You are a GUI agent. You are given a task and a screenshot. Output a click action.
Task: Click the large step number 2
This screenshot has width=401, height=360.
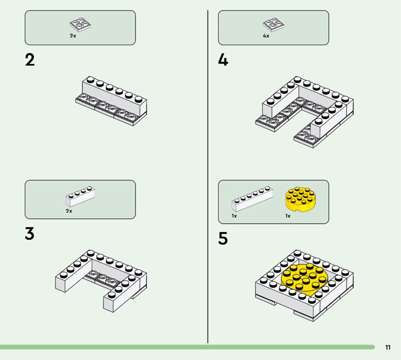pos(30,60)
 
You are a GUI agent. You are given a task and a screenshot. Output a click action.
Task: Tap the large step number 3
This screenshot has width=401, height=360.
pos(30,234)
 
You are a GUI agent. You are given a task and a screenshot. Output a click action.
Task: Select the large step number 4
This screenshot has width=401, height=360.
pos(223,60)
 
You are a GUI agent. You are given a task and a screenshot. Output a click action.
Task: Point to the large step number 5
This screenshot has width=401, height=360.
pos(223,239)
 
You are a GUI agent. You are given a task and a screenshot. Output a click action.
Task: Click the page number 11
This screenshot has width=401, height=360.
pos(387,347)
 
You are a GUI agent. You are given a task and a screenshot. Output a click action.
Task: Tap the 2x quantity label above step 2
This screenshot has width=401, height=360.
pos(73,36)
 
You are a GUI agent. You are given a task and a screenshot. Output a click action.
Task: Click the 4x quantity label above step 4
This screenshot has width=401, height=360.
pos(266,36)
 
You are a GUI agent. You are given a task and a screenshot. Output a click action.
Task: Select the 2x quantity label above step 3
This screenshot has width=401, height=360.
pos(69,211)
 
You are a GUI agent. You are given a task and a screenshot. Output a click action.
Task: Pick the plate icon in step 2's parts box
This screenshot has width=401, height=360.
pos(80,25)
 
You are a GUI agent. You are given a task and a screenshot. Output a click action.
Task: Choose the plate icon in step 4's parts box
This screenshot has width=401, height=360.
pos(273,25)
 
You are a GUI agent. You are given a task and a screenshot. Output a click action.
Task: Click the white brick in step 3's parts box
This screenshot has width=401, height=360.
pos(80,196)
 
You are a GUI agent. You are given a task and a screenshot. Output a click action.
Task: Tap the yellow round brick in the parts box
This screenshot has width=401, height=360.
pos(299,200)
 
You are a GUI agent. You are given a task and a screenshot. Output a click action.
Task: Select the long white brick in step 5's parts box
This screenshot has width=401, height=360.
pos(252,199)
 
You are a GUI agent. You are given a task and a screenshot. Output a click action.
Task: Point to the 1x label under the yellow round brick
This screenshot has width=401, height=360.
pos(288,216)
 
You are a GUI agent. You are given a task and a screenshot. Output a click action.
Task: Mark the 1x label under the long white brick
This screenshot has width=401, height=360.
pos(234,216)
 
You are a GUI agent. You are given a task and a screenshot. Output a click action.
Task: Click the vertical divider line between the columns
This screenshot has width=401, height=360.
pos(208,176)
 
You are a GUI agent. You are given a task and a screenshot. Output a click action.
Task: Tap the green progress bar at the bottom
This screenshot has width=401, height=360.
pos(187,347)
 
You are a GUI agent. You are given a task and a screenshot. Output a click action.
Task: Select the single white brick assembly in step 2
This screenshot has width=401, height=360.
pos(111,101)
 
